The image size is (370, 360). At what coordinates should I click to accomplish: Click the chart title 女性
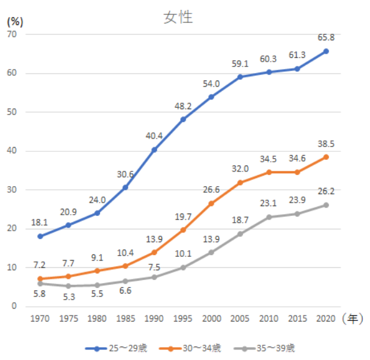pyautogui.click(x=178, y=17)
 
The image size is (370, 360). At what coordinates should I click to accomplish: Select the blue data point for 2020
pyautogui.click(x=326, y=51)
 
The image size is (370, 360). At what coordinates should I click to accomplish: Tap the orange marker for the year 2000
pyautogui.click(x=211, y=203)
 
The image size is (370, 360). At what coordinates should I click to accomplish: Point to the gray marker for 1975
pyautogui.click(x=68, y=286)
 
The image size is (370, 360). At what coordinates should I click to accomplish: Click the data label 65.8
pyautogui.click(x=326, y=38)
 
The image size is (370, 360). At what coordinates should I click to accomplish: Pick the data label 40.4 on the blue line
pyautogui.click(x=154, y=135)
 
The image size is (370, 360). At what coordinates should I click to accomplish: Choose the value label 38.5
pyautogui.click(x=326, y=144)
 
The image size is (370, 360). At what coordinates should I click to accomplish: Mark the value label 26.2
pyautogui.click(x=326, y=192)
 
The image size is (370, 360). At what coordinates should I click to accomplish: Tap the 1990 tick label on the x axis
pyautogui.click(x=154, y=319)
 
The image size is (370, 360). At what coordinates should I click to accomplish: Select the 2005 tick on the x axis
pyautogui.click(x=240, y=319)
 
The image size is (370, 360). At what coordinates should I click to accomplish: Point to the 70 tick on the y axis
pyautogui.click(x=12, y=35)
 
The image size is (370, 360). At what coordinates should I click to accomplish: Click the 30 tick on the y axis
pyautogui.click(x=12, y=190)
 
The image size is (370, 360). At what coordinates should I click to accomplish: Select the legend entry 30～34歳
pyautogui.click(x=190, y=348)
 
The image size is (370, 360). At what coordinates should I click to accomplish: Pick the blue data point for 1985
pyautogui.click(x=126, y=187)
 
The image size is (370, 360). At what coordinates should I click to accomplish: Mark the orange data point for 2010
pyautogui.click(x=269, y=173)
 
